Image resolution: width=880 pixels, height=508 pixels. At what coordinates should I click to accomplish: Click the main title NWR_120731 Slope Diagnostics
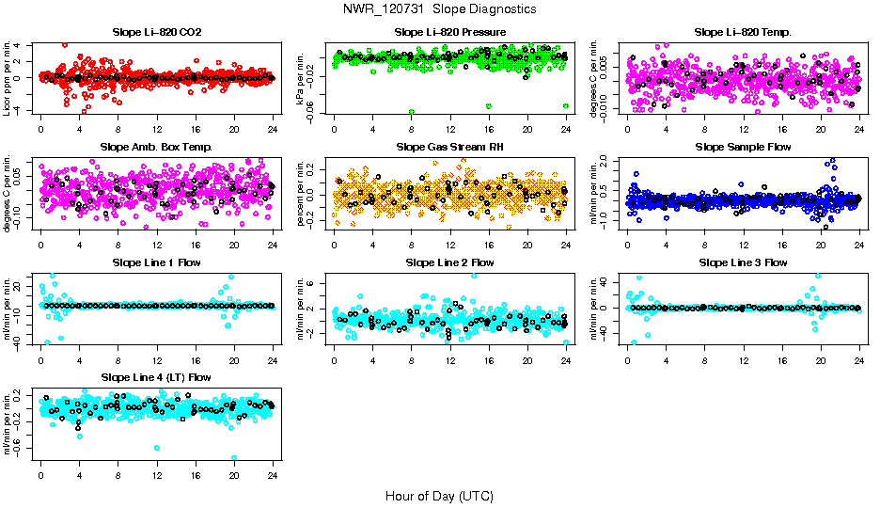(439, 8)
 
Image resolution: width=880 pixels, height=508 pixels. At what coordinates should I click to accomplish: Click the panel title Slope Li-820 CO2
(156, 33)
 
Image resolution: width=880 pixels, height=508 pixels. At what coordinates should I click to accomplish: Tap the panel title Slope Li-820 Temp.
(743, 33)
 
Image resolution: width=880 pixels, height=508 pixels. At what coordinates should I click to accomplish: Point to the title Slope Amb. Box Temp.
(156, 148)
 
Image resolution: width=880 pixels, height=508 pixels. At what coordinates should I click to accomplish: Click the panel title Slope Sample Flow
(743, 148)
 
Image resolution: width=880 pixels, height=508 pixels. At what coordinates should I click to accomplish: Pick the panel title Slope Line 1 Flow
(156, 263)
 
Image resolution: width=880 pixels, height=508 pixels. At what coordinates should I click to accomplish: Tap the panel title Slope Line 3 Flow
(743, 263)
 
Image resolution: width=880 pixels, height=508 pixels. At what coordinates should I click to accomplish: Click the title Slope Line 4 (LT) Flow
(156, 378)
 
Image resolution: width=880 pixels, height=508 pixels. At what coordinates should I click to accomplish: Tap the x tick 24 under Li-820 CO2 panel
(273, 130)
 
